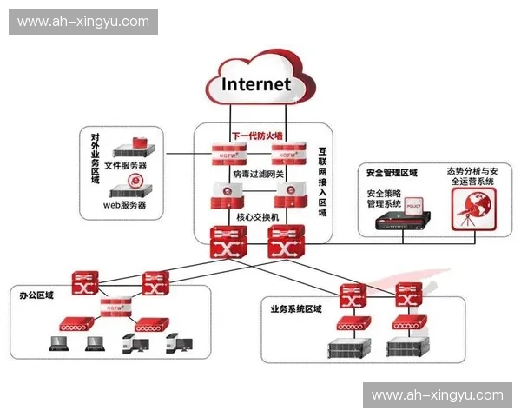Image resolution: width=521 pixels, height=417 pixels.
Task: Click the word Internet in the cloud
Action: pyautogui.click(x=256, y=84)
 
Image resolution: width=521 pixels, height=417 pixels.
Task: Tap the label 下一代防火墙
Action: pyautogui.click(x=257, y=136)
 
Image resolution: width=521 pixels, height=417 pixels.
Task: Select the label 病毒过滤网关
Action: pyautogui.click(x=257, y=175)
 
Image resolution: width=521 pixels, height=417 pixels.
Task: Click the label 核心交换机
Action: pyautogui.click(x=257, y=214)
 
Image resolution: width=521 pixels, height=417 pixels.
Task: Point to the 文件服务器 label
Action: pyautogui.click(x=125, y=164)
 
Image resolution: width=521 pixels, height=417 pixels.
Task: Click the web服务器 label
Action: pyautogui.click(x=125, y=205)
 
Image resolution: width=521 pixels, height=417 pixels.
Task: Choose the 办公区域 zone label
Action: pyautogui.click(x=36, y=295)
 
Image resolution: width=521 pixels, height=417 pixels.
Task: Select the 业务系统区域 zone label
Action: pyautogui.click(x=296, y=308)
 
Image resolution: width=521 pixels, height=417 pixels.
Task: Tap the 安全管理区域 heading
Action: pyautogui.click(x=392, y=172)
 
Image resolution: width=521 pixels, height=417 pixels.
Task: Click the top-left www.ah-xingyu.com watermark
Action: pyautogui.click(x=83, y=22)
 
